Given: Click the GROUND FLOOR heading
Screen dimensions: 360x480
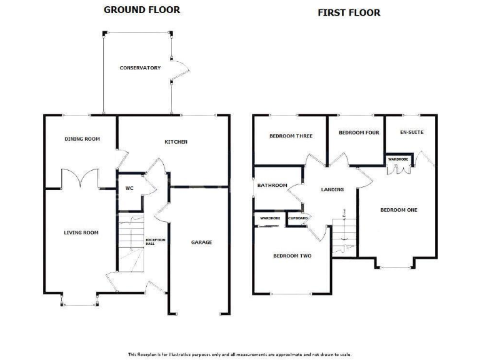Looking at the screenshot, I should click(x=141, y=9).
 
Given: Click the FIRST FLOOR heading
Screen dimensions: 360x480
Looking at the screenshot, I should click(x=349, y=12).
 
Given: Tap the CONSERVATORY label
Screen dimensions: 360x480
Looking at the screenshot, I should click(x=140, y=67).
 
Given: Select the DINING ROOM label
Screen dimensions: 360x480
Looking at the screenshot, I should click(x=82, y=139).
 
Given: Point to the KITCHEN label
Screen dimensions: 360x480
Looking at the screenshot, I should click(x=176, y=142).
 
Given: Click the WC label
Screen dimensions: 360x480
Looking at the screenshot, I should click(x=129, y=187).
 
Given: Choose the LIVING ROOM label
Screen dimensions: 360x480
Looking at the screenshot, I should click(x=81, y=232).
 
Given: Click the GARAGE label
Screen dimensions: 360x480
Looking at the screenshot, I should click(x=201, y=242).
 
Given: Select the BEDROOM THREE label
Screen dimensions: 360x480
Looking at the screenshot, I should click(x=291, y=136).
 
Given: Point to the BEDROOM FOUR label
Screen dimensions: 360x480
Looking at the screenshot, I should click(x=359, y=132).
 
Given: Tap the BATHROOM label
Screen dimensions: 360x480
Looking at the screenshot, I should click(x=272, y=185).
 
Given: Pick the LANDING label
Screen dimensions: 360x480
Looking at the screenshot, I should click(x=332, y=189).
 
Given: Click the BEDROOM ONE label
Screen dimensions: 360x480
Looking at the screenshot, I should click(x=398, y=209).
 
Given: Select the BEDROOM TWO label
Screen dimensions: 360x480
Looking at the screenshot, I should click(x=292, y=256).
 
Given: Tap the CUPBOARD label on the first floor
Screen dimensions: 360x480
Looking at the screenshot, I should click(x=297, y=217).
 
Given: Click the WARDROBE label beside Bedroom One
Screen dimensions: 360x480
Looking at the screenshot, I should click(x=398, y=159).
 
